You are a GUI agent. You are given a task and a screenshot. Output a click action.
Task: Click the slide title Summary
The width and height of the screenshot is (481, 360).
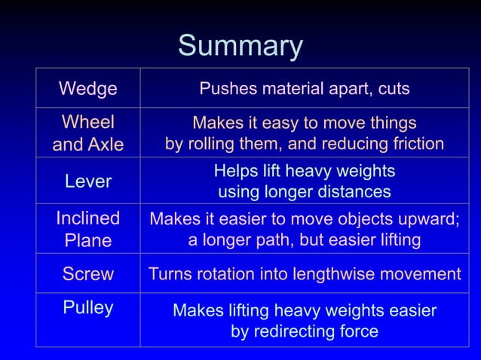(240, 47)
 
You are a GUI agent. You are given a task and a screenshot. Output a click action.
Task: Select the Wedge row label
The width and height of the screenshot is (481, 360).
(88, 89)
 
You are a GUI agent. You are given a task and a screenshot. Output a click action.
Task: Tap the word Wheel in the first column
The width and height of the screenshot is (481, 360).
(88, 122)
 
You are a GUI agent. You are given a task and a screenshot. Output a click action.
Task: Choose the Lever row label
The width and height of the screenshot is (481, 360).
(88, 181)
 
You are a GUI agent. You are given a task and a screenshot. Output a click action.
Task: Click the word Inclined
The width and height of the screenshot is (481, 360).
(88, 218)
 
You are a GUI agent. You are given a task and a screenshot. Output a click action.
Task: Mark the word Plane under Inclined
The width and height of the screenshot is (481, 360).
(88, 240)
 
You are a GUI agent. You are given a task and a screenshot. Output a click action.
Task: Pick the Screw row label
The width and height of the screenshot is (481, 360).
(88, 274)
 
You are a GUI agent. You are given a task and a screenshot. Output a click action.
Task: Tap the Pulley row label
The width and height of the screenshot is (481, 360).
(88, 307)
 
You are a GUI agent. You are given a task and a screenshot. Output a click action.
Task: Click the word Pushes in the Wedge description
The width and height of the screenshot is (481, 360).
(227, 89)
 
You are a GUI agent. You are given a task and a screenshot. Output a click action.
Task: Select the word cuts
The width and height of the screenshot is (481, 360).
(393, 89)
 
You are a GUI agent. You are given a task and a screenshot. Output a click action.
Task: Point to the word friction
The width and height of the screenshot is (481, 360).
(414, 144)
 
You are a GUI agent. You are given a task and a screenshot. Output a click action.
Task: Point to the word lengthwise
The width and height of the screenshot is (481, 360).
(346, 274)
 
